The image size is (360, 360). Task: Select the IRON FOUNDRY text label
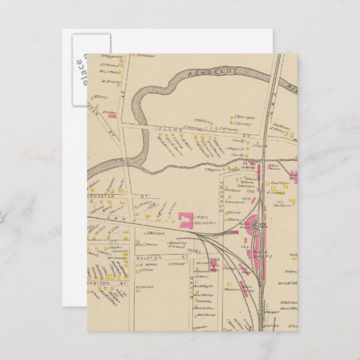(202, 222)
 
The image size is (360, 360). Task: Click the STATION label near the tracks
(270, 325)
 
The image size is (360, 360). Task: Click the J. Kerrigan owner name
(244, 115)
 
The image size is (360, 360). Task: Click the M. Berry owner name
(102, 96)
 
